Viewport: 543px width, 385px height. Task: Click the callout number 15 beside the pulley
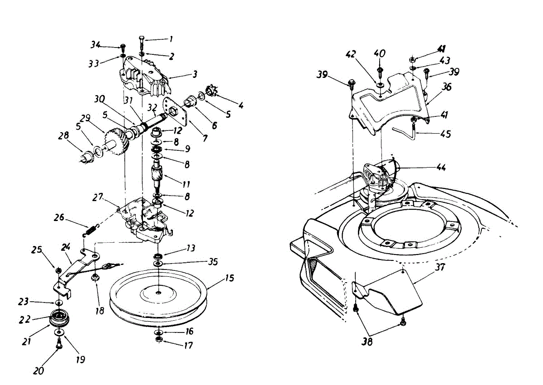point(229,278)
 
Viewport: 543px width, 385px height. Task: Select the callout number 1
point(171,39)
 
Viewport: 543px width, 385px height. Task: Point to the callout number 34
point(95,44)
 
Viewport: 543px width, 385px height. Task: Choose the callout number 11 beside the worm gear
point(186,184)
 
